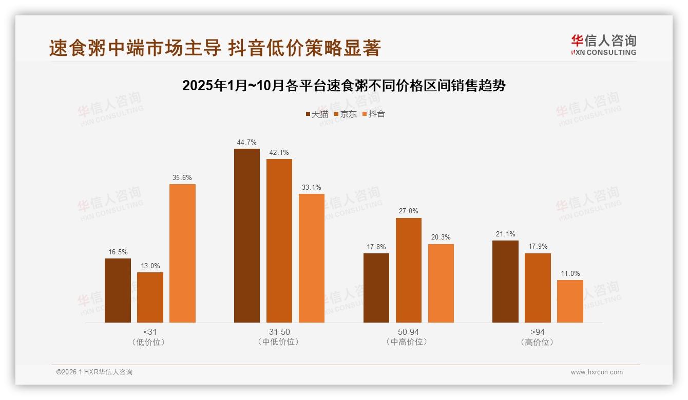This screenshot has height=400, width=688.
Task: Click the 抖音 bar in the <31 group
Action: [x=182, y=253]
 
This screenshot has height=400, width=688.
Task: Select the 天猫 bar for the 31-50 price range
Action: [x=247, y=235]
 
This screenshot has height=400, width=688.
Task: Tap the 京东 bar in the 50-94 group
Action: [x=408, y=270]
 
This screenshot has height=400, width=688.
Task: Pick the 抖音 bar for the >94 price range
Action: [x=570, y=301]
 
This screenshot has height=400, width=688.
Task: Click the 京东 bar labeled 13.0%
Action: [x=150, y=297]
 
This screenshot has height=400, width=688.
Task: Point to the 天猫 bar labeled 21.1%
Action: [x=505, y=282]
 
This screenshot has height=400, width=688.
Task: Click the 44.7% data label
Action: [x=247, y=142]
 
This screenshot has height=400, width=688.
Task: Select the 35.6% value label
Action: [x=182, y=177]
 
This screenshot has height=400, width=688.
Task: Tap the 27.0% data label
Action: [x=408, y=211]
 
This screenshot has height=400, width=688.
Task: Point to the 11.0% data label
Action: [x=570, y=273]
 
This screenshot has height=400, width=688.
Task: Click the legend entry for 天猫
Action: [x=317, y=114]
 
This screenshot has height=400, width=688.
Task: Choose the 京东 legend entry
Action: [x=346, y=114]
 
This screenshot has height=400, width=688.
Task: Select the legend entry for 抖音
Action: [x=374, y=114]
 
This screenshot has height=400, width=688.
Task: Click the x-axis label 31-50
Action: [x=279, y=332]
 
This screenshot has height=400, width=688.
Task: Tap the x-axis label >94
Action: [x=538, y=332]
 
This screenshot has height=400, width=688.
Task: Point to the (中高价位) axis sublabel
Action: [x=408, y=342]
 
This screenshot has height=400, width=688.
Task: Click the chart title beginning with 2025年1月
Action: [x=344, y=85]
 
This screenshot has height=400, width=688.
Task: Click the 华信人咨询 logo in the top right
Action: [x=603, y=45]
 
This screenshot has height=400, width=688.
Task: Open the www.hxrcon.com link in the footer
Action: [x=597, y=372]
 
